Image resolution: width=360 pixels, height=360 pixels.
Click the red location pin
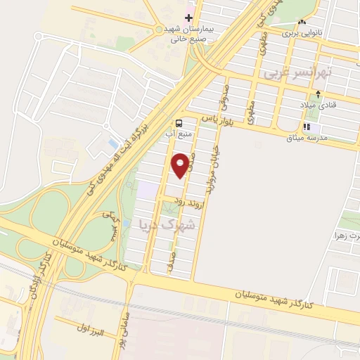coord(181,165)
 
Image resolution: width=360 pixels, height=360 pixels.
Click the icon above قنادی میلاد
coord(319,94)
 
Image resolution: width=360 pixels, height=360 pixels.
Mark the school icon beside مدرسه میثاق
coord(307,127)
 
